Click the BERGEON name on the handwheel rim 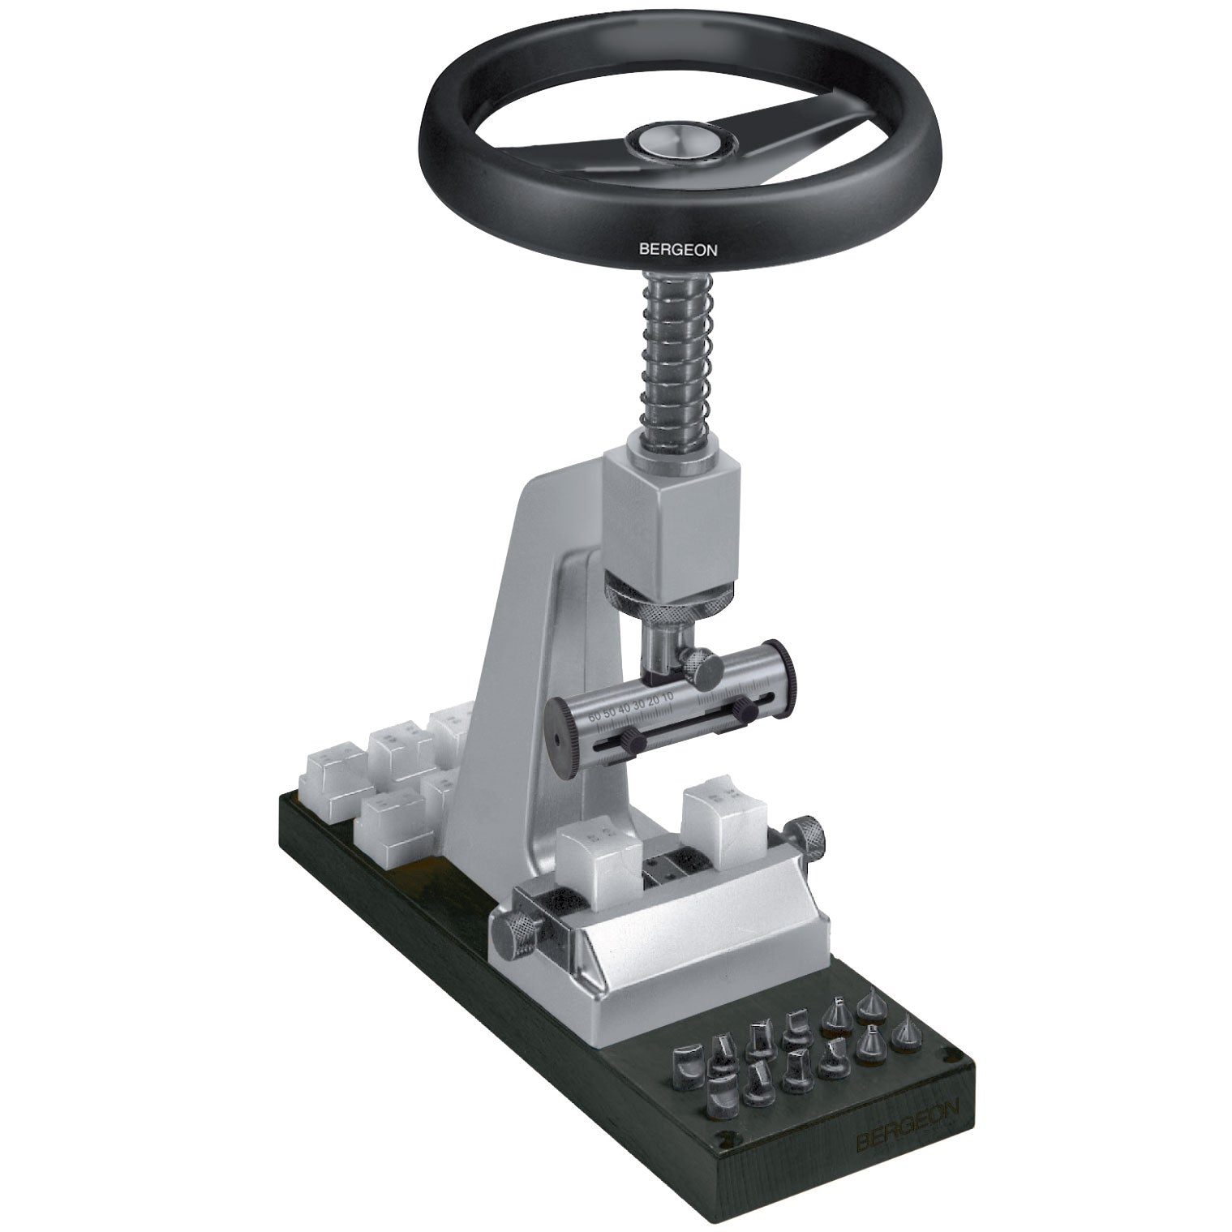click(678, 251)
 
